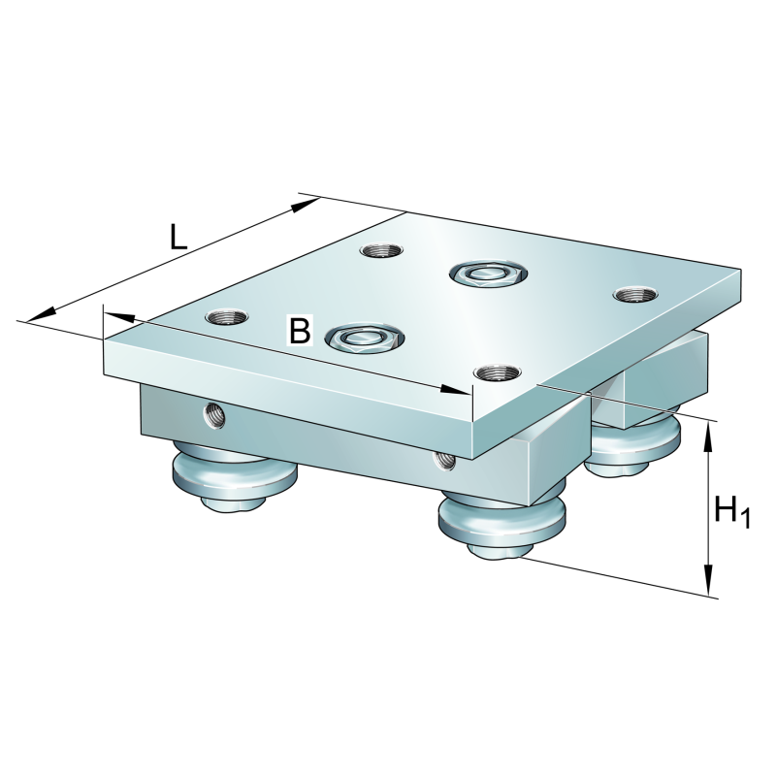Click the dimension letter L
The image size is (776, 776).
point(178,237)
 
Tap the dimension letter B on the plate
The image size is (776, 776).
point(300,330)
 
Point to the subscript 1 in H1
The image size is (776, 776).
point(745,519)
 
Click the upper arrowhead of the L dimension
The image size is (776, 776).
point(305,205)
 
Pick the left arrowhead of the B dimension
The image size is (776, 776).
point(118,317)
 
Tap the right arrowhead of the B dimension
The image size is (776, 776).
point(454,390)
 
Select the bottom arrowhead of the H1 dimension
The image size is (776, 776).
point(709,579)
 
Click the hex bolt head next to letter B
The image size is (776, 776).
point(365,339)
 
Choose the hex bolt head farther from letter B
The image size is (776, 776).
point(488,274)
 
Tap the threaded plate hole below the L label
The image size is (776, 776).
point(380,250)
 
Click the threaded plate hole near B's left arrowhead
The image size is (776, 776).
point(227,316)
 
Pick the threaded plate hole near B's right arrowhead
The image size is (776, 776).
point(498,372)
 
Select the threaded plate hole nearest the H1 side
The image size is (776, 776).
point(635,295)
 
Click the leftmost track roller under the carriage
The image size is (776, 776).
point(234,474)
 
